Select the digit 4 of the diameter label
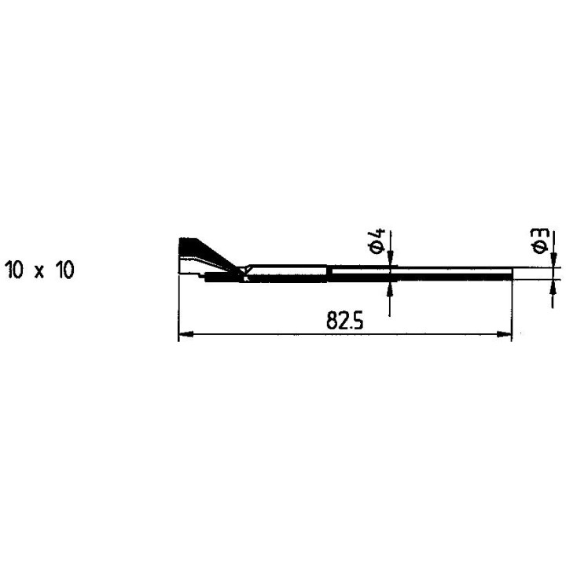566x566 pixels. (x=378, y=234)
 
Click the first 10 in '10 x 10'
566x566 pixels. (x=15, y=270)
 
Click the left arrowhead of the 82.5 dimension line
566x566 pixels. (x=186, y=336)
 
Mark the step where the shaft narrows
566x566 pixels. (x=329, y=271)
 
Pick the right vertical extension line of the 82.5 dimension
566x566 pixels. (x=513, y=307)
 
